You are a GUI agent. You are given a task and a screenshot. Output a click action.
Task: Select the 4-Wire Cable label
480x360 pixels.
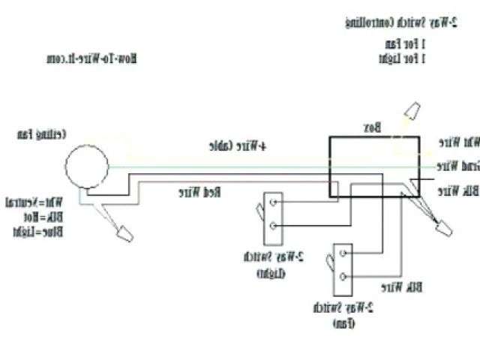point(247,146)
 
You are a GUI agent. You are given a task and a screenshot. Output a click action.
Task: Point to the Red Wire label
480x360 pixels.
point(199,193)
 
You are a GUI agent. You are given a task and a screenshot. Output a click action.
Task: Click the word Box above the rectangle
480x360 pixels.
point(373,128)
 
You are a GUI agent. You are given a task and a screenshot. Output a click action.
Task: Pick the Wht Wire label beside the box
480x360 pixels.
point(458,142)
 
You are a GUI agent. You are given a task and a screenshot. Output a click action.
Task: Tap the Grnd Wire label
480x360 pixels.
point(457,164)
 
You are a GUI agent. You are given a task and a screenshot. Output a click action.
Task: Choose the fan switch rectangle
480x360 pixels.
point(342,266)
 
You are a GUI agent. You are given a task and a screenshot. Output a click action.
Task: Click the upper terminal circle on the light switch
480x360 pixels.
point(275,202)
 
